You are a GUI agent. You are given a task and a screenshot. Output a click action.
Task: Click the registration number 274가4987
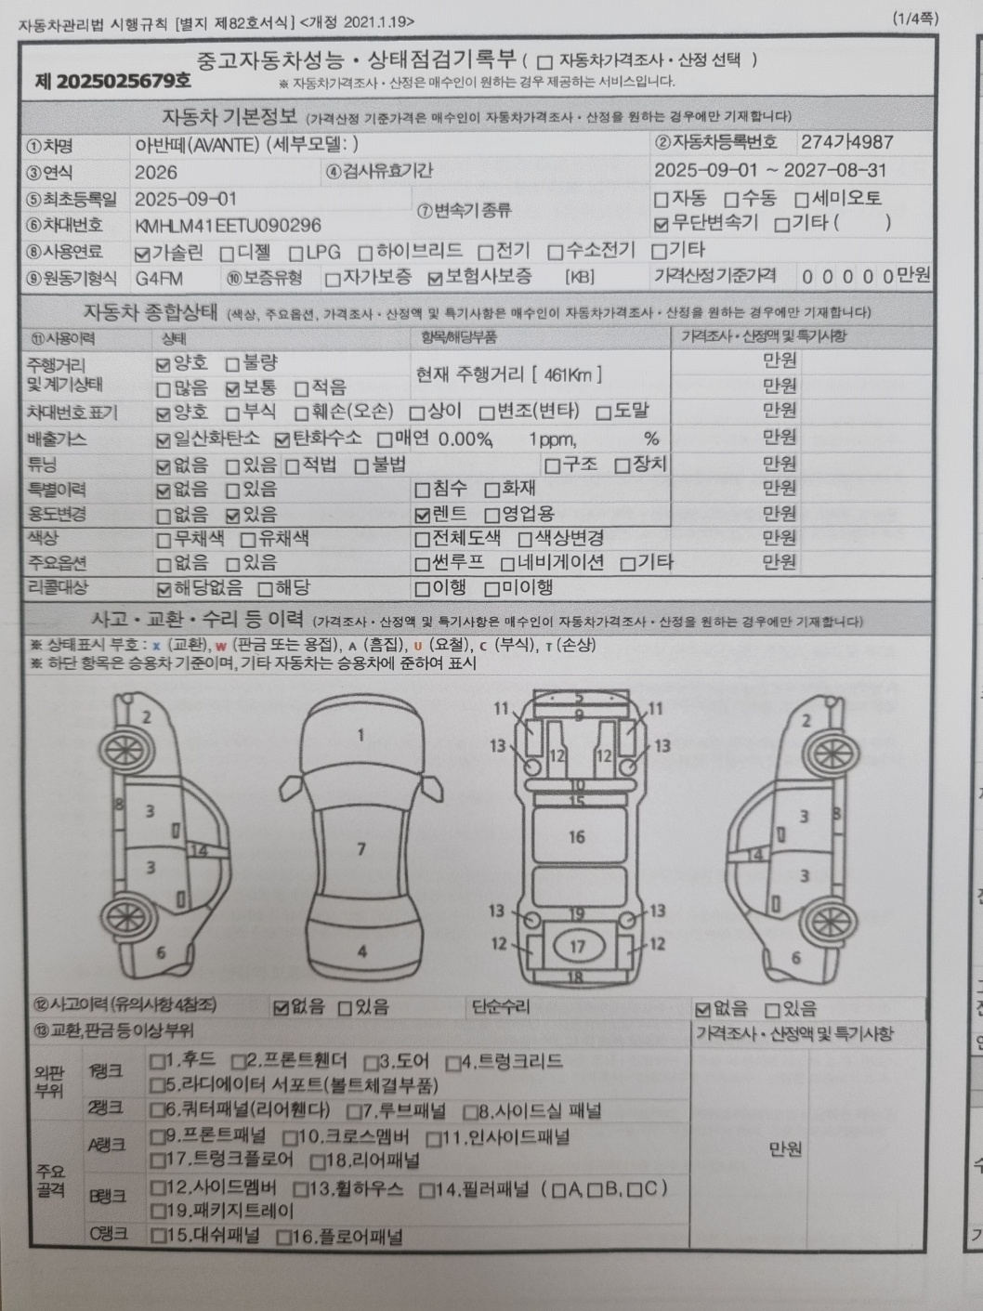tap(846, 142)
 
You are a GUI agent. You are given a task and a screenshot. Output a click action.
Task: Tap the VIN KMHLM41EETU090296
tap(229, 225)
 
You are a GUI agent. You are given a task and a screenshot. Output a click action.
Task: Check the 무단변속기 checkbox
tap(661, 225)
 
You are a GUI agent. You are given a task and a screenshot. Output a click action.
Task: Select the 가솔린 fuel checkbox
tap(142, 255)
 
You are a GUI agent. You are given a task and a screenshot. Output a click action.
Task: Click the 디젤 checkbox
tap(227, 255)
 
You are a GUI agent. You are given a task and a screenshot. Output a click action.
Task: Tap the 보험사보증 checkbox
tap(436, 279)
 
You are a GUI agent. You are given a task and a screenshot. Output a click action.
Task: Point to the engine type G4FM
tap(159, 279)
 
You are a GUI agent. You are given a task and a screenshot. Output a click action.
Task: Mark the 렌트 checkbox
tap(422, 515)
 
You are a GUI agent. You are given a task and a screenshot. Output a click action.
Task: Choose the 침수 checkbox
tap(422, 491)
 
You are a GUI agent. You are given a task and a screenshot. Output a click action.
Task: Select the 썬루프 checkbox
tap(422, 564)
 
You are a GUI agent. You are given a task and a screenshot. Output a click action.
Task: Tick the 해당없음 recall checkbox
tap(163, 590)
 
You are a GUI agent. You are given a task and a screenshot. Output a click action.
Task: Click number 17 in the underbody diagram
tap(577, 947)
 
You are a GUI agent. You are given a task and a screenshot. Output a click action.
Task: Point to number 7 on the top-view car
tap(361, 848)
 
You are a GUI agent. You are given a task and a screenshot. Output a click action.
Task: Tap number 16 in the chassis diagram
tap(577, 837)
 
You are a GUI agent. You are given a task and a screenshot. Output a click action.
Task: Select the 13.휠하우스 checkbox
tap(300, 1189)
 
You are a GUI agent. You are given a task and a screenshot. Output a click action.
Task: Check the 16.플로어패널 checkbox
tap(284, 1238)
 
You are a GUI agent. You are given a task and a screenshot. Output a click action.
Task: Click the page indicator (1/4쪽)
tap(915, 20)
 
